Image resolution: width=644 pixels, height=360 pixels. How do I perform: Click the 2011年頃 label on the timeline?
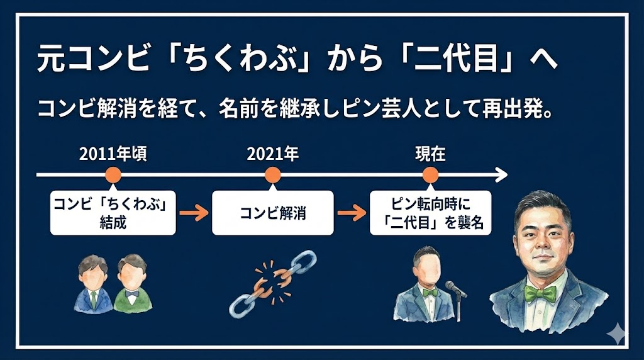tap(113, 154)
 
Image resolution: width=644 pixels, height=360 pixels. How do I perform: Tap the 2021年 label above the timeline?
tap(272, 154)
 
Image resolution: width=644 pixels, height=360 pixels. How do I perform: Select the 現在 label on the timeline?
tap(430, 154)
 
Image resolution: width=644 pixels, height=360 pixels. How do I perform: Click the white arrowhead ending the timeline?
tap(501, 174)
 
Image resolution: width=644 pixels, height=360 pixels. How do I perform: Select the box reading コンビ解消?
tap(272, 213)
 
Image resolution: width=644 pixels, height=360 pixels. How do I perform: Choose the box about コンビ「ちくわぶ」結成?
tap(113, 213)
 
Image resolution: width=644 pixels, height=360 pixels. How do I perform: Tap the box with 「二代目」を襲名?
tap(430, 213)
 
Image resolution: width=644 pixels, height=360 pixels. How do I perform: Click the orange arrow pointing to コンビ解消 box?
tap(194, 213)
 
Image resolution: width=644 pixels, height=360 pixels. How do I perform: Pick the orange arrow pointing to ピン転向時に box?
tap(352, 213)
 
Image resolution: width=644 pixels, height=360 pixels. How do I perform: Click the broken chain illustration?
tap(272, 283)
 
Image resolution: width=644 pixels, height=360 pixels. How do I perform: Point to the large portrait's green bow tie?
tap(543, 293)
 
